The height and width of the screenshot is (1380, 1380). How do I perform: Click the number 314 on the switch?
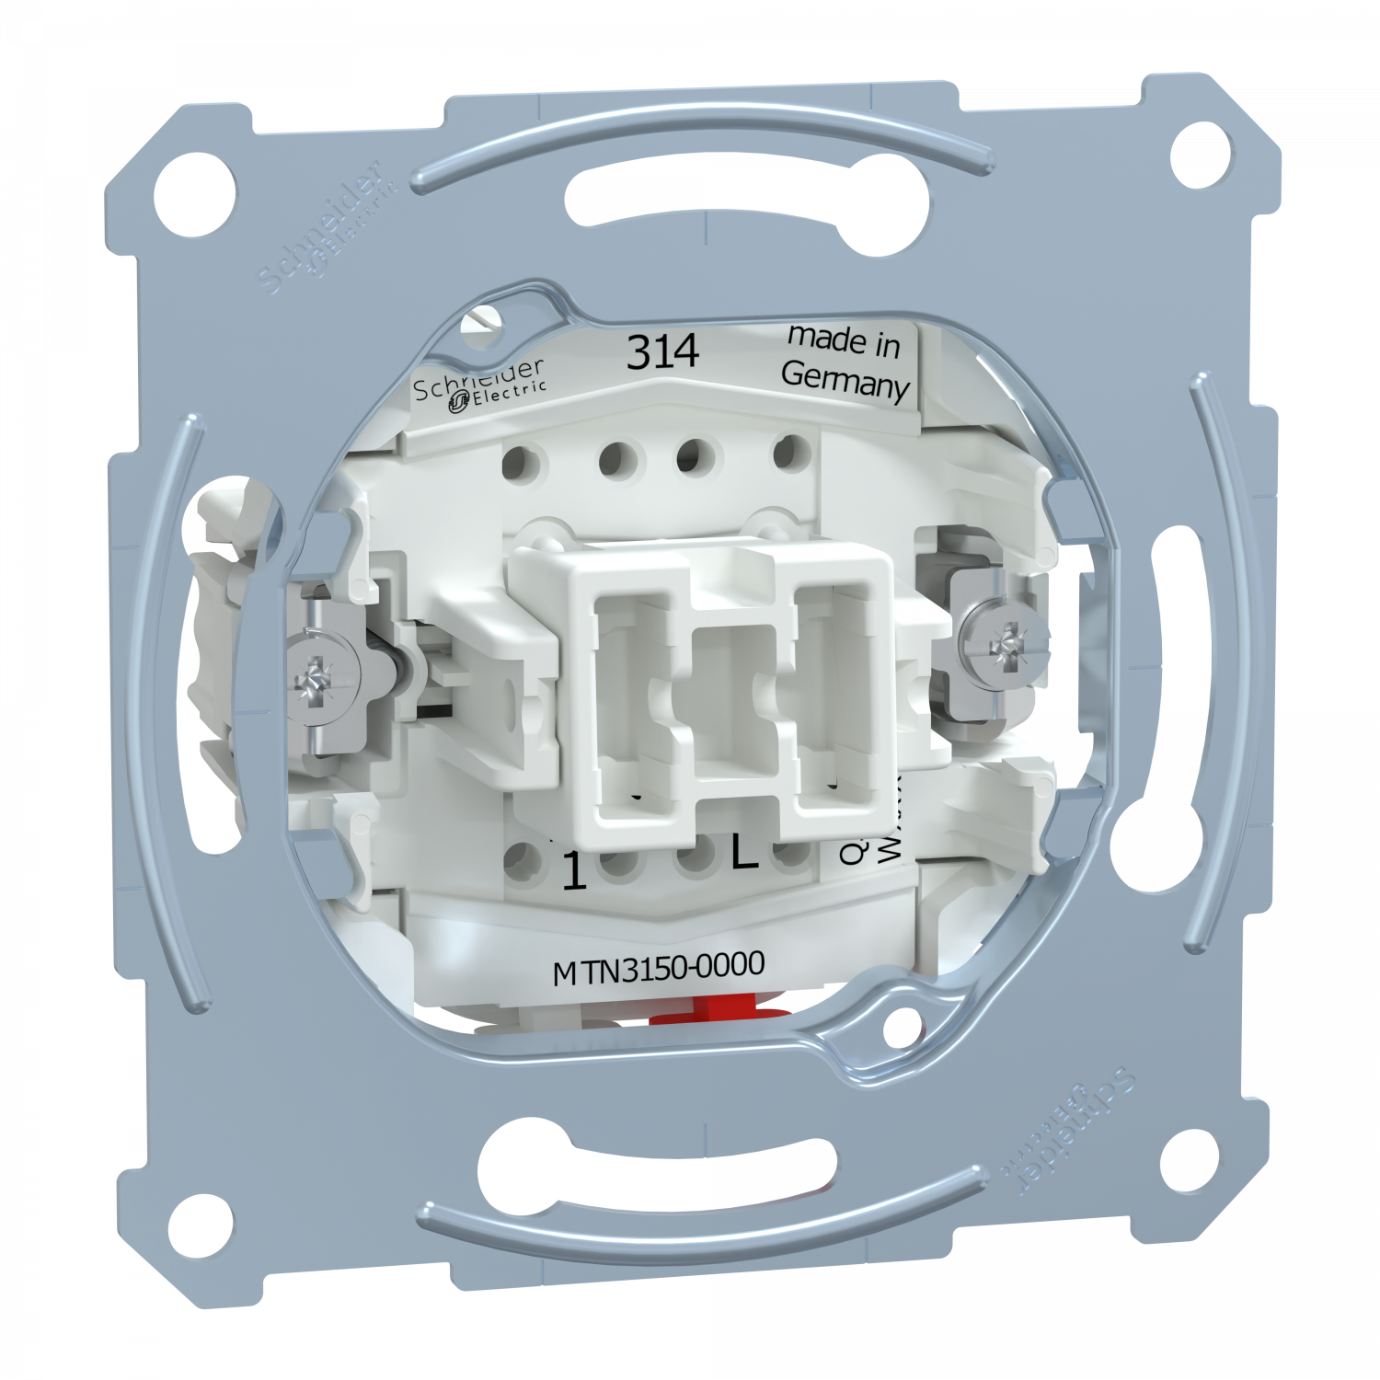(x=662, y=351)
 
